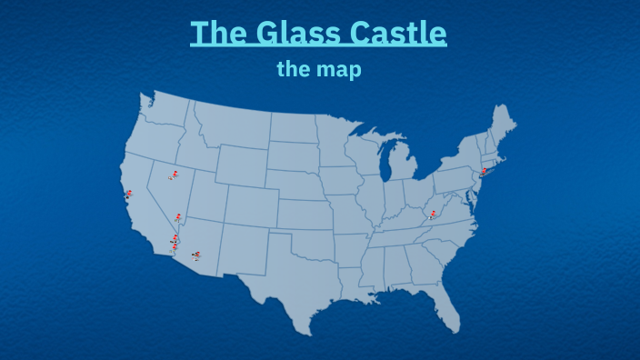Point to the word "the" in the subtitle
(295, 69)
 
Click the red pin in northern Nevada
(173, 175)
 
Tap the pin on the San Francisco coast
(128, 194)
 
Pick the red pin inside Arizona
(197, 255)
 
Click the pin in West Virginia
(433, 215)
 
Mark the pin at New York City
(484, 171)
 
